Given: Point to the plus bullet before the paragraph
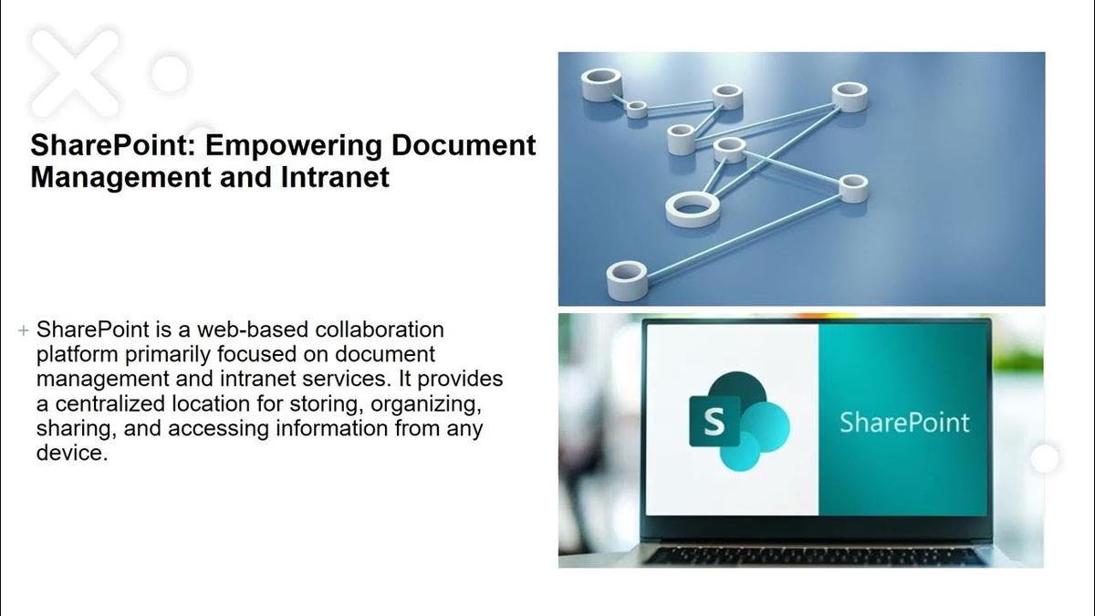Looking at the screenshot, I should pos(24,330).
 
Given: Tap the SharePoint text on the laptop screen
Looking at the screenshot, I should pos(904,423).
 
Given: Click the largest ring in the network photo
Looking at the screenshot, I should pos(693,208).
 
